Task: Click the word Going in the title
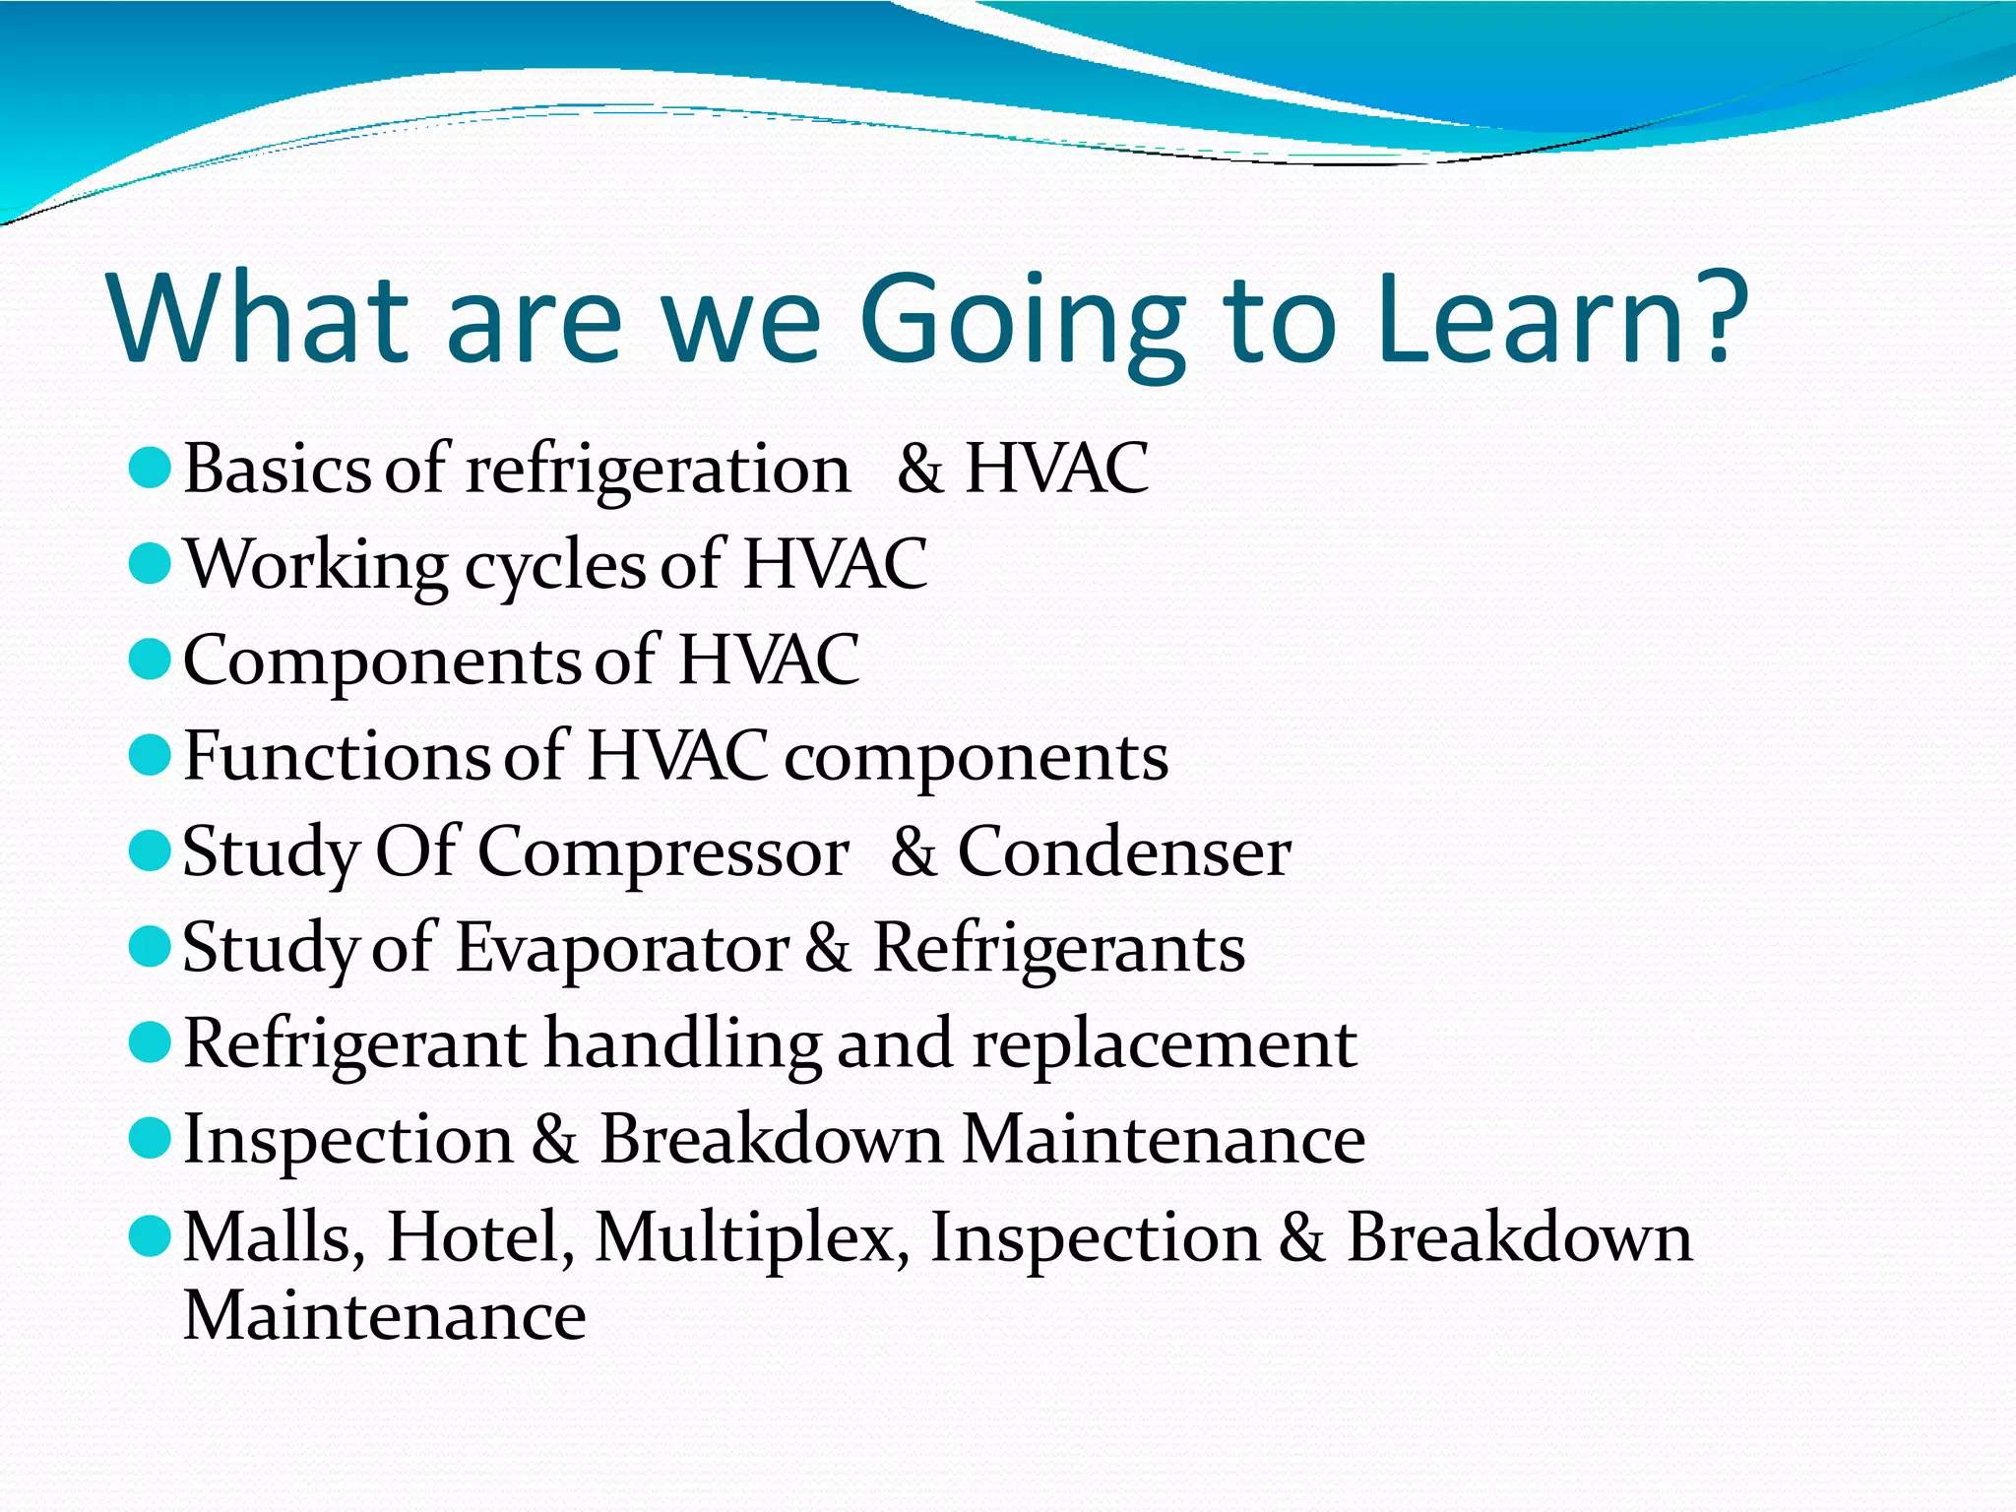point(1022,320)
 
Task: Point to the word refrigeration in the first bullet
point(658,471)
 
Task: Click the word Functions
point(336,756)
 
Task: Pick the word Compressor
point(662,853)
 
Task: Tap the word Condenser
point(1124,851)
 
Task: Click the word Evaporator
point(622,949)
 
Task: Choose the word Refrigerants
point(1059,949)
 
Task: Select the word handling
point(681,1043)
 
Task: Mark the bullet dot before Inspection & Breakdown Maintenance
point(151,1139)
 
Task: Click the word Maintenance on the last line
point(385,1315)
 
